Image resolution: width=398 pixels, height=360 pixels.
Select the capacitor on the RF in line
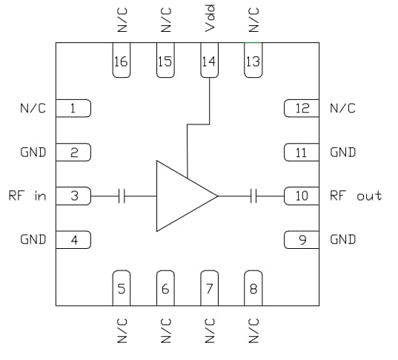coord(123,196)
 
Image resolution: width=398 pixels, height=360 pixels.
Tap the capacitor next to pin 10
coord(254,196)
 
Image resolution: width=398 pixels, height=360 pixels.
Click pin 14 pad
coord(208,59)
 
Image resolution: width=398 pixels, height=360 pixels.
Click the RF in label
coord(27,196)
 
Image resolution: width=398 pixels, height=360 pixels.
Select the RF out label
coord(356,196)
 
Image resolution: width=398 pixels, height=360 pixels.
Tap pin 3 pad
coord(73,196)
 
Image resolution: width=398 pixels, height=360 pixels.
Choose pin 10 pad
coord(301,196)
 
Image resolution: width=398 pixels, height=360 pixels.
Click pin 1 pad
coord(73,109)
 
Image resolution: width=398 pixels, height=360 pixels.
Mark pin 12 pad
coord(301,109)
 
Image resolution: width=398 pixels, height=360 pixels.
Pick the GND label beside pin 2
coord(33,153)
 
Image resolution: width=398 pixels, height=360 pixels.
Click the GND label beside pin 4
coord(33,239)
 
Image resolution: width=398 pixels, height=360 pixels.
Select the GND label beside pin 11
coord(342,153)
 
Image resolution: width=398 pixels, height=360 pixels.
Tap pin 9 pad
coord(301,239)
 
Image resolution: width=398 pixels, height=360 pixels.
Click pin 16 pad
coord(121,59)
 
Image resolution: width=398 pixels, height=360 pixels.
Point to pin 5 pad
coord(121,287)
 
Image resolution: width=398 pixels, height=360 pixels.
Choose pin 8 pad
coord(253,287)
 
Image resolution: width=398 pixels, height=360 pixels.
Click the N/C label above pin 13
coord(253,21)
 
